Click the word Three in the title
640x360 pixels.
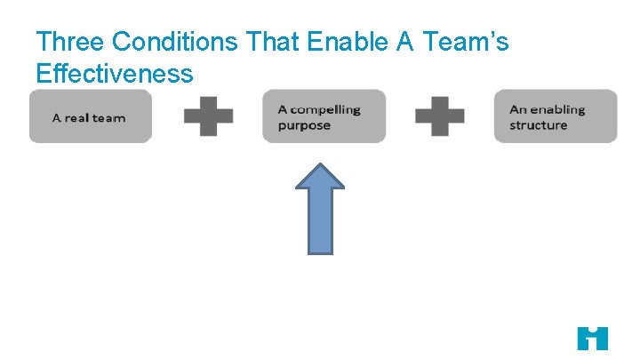70,42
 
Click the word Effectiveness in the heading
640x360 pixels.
114,73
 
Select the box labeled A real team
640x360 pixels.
91,116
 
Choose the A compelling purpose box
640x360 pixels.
324,116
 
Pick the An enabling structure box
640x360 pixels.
556,116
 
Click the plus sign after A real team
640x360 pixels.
208,116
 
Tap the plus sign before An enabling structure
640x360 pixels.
440,116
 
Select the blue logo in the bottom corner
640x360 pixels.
592,339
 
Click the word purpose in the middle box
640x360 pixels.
304,125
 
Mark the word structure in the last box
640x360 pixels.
538,125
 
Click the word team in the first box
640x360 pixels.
109,117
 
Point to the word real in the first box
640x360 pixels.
76,117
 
